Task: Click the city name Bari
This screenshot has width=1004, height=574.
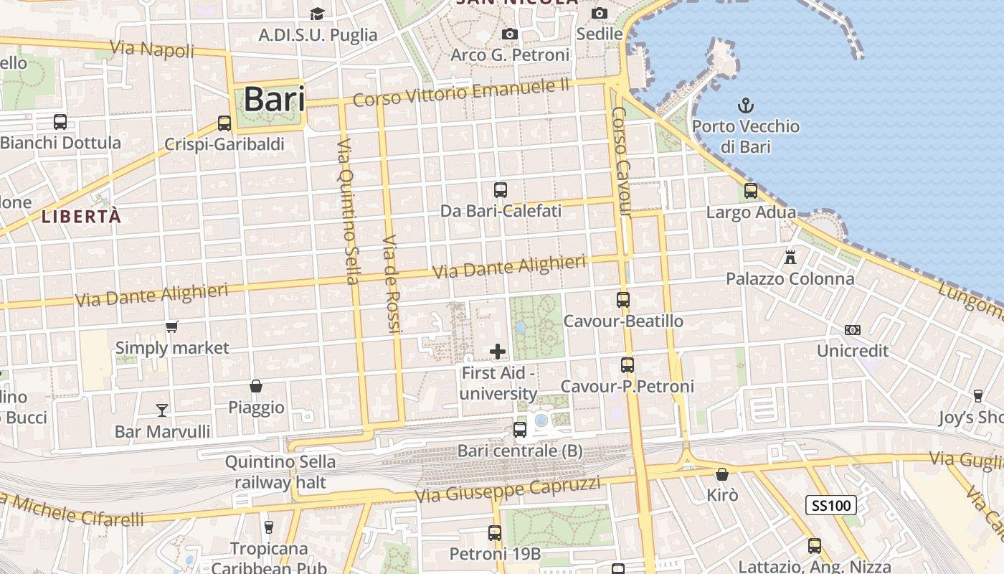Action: click(x=274, y=100)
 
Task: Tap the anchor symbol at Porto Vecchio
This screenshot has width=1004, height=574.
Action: click(x=746, y=105)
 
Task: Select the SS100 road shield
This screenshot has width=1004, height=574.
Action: click(x=831, y=505)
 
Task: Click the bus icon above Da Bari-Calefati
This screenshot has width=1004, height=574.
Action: click(x=501, y=190)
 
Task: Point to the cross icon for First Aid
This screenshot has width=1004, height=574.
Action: click(x=498, y=352)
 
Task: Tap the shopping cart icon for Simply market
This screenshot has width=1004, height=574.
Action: click(x=171, y=327)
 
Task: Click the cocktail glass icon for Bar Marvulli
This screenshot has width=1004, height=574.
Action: click(x=162, y=410)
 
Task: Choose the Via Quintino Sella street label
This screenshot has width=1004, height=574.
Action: click(x=348, y=211)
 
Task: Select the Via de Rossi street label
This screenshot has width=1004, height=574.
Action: click(x=389, y=283)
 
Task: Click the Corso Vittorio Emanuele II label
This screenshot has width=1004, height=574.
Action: click(x=460, y=93)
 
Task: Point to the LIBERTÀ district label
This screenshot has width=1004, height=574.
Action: click(x=81, y=216)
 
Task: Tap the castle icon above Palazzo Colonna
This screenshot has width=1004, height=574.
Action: click(x=790, y=257)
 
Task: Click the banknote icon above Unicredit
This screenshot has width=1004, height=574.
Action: click(x=853, y=330)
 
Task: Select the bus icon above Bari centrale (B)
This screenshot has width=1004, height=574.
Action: click(x=520, y=430)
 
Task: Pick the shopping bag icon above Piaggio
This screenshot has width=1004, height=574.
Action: click(x=256, y=386)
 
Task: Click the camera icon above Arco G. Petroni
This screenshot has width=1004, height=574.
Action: click(x=510, y=34)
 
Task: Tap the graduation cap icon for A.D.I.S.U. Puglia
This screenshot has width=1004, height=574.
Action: click(x=317, y=14)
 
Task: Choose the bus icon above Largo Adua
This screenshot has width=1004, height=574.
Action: click(x=751, y=191)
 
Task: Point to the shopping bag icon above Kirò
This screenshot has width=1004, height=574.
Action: click(x=722, y=474)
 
